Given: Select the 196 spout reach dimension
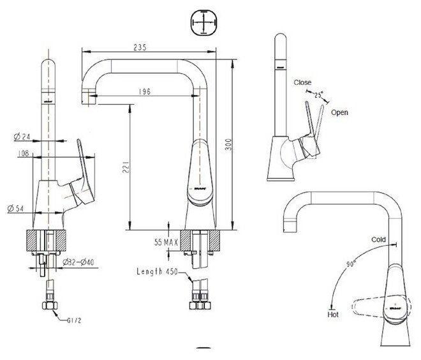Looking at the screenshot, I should (x=145, y=92).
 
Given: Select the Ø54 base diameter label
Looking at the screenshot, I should (x=18, y=208).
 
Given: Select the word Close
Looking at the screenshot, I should (x=303, y=83).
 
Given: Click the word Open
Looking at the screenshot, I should (x=339, y=112).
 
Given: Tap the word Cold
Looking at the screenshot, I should (x=380, y=239).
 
